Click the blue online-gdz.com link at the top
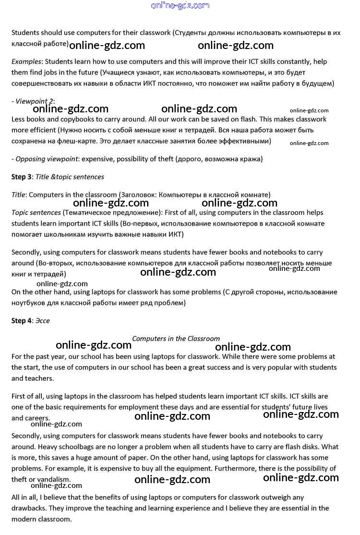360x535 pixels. [x=180, y=6]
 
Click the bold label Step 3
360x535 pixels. [x=22, y=177]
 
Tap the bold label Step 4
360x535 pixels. [x=22, y=321]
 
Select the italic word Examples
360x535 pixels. [x=26, y=61]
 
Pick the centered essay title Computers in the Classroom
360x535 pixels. [x=176, y=339]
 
